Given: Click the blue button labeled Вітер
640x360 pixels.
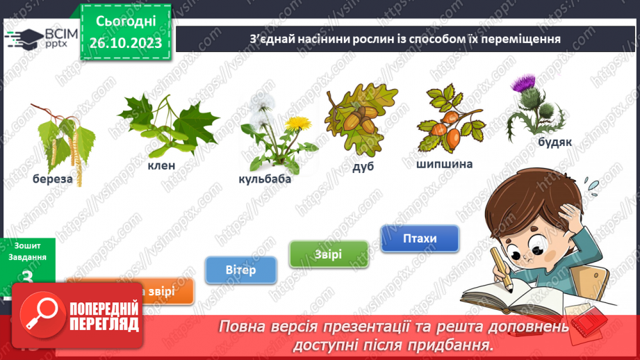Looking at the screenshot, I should coord(241,270).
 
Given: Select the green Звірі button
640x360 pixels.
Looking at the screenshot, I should coord(329,254).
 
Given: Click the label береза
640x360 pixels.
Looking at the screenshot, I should coord(52,179).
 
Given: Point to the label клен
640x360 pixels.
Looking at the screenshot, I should coord(161,165).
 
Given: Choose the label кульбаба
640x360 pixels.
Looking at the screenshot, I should coord(265,179).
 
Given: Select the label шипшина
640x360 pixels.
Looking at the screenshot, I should coord(445,165).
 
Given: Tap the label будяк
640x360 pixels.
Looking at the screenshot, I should coord(555,142).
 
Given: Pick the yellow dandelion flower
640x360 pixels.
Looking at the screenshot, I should coord(297,124).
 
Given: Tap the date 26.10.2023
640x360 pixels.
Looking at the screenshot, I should coord(125,42).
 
